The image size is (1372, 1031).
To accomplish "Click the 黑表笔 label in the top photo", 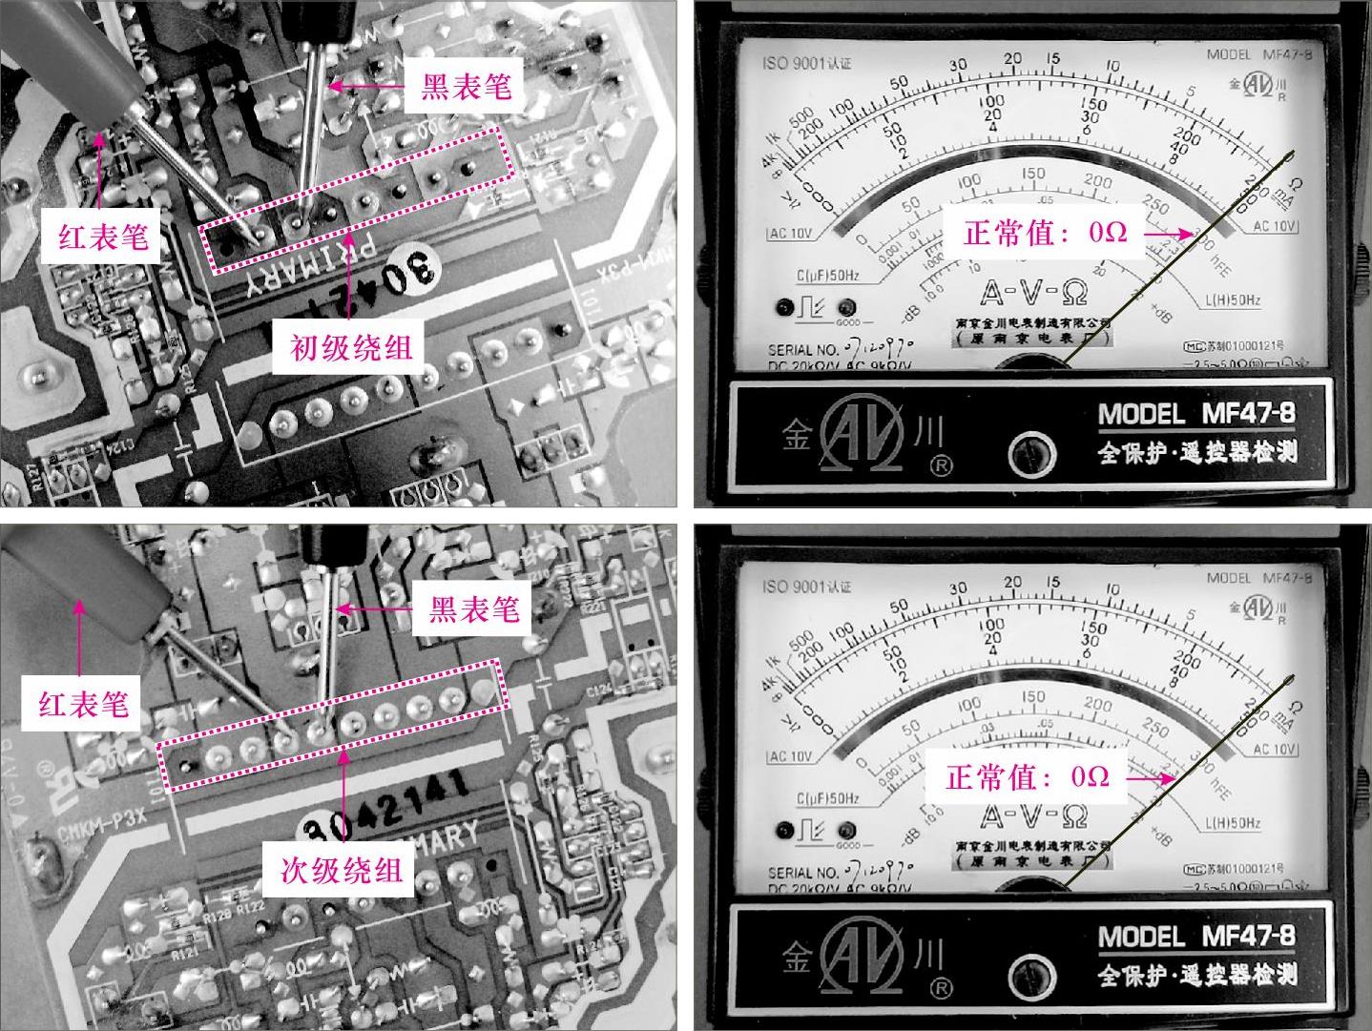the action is [x=467, y=87].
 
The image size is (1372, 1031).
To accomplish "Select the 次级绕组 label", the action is [x=341, y=870].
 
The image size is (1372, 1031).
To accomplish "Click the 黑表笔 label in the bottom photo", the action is [x=474, y=609].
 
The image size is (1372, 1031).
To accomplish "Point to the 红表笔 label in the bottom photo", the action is [x=84, y=705].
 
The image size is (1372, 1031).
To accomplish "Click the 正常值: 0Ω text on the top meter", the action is [x=1045, y=232].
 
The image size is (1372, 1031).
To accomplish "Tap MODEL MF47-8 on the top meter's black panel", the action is [x=1196, y=414].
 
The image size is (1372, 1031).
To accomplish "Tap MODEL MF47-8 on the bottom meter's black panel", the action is [x=1196, y=936].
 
